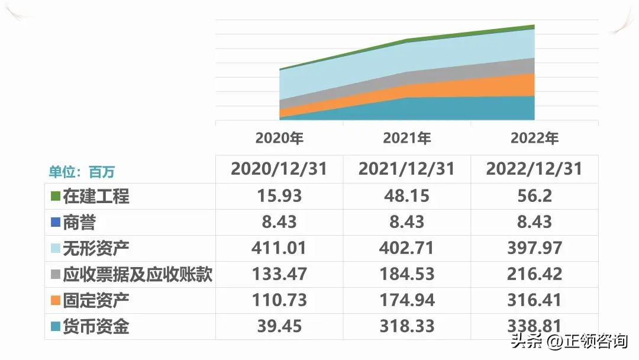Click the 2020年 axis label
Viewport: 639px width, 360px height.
[x=279, y=139]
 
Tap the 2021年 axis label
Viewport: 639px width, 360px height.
[x=407, y=139]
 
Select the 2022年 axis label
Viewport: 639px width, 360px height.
[x=534, y=139]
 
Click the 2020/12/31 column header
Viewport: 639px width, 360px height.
[x=279, y=169]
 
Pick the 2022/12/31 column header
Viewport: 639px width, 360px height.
[x=534, y=169]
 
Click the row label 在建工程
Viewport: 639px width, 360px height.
[x=96, y=196]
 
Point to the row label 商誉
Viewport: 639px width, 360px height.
[x=79, y=222]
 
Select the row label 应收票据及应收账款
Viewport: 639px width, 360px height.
[x=137, y=274]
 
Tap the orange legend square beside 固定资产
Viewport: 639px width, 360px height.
[x=56, y=300]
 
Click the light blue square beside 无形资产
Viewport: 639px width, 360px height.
[x=56, y=248]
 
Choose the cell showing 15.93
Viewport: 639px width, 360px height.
[x=279, y=196]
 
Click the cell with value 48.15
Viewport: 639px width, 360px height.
[x=407, y=196]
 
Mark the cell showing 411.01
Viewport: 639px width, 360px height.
[x=279, y=248]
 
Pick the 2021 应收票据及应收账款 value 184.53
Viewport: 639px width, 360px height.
[x=407, y=274]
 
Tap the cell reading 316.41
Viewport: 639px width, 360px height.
[x=534, y=300]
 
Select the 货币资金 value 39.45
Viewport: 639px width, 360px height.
[x=279, y=326]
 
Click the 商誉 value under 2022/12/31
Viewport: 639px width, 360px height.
[x=534, y=222]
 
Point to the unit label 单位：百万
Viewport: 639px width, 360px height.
[x=82, y=172]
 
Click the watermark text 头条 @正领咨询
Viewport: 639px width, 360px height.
[x=569, y=342]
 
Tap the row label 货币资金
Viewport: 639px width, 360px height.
[x=96, y=326]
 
